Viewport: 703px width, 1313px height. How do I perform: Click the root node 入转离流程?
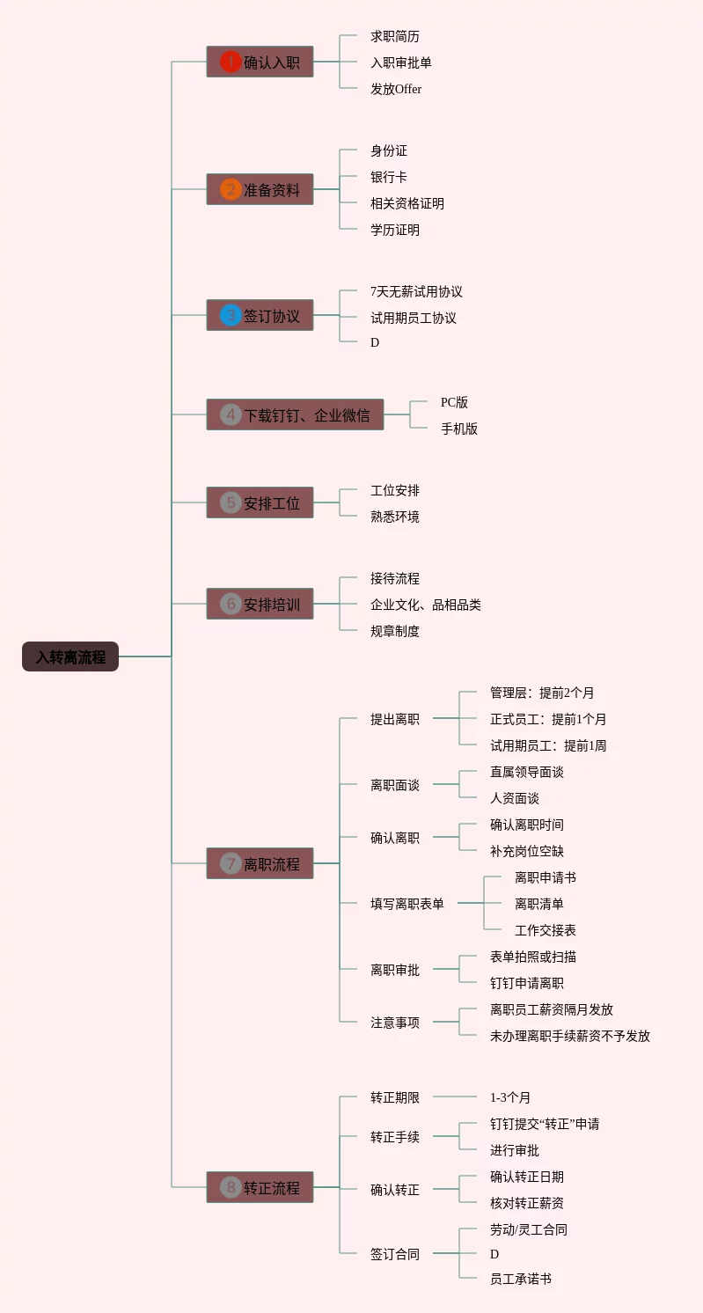(70, 656)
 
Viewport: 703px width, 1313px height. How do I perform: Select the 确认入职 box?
(260, 62)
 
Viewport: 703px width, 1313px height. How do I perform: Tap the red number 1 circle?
(231, 62)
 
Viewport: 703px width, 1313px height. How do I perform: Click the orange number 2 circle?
(231, 189)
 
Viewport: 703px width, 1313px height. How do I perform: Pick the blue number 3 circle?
(231, 315)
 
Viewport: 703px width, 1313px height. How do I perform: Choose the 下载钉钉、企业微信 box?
(295, 414)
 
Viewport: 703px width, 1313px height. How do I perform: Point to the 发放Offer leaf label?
(396, 89)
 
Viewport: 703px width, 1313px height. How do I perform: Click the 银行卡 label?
(389, 177)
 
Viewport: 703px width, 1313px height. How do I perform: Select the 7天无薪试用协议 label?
(416, 291)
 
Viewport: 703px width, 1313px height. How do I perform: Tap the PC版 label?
(454, 402)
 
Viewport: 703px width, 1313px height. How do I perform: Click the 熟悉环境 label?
(395, 517)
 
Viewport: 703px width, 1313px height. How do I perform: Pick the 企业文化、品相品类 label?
(426, 605)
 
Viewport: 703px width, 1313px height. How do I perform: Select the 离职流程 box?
(260, 863)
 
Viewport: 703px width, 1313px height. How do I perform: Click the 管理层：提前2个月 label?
(542, 693)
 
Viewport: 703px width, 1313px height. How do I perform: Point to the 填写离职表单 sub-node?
(407, 904)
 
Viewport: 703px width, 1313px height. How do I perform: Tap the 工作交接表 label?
(546, 930)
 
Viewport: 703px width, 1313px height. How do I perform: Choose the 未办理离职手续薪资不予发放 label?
(570, 1036)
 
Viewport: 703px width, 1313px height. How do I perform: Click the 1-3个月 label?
(510, 1097)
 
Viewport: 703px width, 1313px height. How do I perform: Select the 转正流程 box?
(260, 1187)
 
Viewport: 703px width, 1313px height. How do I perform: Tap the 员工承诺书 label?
(521, 1279)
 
